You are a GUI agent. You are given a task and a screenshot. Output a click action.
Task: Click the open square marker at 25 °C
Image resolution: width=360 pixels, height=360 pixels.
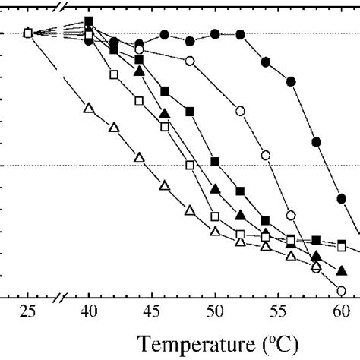(27, 33)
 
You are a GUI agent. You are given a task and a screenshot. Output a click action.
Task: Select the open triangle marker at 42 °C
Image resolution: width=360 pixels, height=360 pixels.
(114, 126)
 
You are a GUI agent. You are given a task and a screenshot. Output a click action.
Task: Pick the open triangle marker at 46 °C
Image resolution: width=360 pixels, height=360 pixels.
(164, 185)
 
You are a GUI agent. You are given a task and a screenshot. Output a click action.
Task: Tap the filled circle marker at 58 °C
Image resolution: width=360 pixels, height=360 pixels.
(317, 141)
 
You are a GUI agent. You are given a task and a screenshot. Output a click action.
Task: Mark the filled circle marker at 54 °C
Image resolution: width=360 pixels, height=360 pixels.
(266, 61)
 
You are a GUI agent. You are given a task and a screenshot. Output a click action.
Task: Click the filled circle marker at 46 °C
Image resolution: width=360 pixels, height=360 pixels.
(165, 34)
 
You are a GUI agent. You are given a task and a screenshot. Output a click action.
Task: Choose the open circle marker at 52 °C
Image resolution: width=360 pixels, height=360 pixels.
(240, 112)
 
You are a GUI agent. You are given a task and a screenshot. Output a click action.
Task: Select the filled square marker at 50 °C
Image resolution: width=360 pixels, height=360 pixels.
(215, 162)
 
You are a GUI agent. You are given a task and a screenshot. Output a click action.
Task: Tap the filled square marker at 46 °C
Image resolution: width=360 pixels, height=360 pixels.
(165, 91)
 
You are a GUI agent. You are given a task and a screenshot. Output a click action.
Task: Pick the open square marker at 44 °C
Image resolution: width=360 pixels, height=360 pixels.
(139, 100)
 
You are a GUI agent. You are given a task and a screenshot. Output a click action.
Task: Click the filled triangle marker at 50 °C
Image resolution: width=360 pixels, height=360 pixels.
(215, 188)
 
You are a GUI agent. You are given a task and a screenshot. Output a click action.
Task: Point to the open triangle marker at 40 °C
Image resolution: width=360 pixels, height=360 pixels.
(89, 109)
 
